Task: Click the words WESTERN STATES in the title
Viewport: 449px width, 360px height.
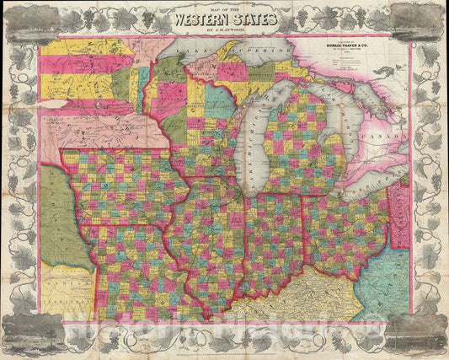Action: coord(224,20)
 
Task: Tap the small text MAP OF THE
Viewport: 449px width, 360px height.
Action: coord(224,8)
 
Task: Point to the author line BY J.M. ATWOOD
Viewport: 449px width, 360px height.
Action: coord(224,31)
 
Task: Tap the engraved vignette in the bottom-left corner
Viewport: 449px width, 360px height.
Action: coord(32,330)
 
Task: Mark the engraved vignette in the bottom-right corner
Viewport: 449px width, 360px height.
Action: coord(416,330)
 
